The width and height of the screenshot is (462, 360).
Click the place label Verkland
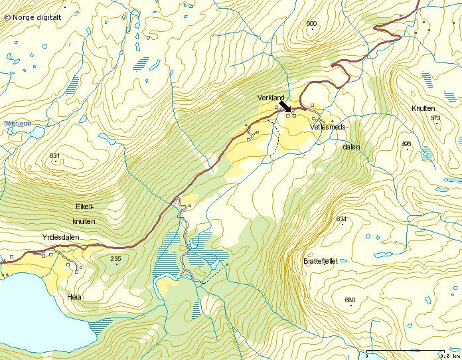271,98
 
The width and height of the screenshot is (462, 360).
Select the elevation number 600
311,24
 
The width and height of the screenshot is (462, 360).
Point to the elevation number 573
435,118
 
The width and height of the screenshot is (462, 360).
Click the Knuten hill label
422,108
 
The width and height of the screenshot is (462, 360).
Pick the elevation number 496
406,144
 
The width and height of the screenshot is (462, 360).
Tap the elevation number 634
341,219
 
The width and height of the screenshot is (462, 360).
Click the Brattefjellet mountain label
320,261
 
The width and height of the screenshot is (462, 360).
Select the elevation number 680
350,300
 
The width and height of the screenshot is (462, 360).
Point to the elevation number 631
54,156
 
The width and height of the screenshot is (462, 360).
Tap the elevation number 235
116,258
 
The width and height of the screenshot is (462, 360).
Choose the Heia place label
74,297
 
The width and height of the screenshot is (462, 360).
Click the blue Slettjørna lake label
16,123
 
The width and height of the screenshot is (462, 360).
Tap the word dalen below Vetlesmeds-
351,147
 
